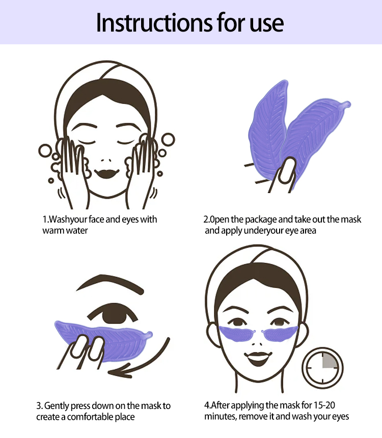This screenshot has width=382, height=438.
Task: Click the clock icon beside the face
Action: pos(322,368)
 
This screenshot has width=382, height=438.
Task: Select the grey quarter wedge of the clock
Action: pos(329,361)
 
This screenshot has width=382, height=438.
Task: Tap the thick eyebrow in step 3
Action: pos(110,284)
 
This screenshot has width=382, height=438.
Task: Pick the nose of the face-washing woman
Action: pos(106,160)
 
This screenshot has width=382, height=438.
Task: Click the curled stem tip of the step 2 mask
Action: pos(346,105)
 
